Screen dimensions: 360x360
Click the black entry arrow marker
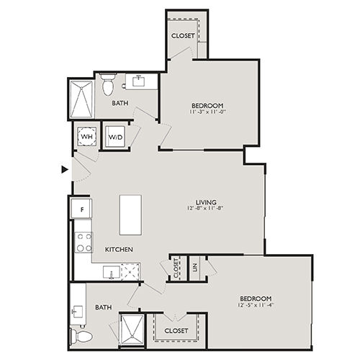point(65,170)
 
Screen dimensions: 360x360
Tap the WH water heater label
point(86,137)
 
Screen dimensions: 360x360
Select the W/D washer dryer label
point(115,138)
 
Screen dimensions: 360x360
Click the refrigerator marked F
point(81,209)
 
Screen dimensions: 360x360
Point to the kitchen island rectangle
point(130,215)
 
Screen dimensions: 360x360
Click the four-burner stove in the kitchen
point(84,243)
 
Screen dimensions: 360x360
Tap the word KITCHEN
point(119,250)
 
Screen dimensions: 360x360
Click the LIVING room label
point(206,202)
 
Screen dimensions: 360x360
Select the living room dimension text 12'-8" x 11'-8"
point(205,208)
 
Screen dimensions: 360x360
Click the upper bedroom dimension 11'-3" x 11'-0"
point(207,112)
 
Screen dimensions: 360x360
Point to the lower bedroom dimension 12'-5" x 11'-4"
point(256,305)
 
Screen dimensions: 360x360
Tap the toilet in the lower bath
point(81,336)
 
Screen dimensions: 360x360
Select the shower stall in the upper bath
point(81,99)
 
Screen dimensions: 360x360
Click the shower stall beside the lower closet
point(132,330)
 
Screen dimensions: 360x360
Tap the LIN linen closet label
point(195,267)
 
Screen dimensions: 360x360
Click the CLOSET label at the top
point(183,36)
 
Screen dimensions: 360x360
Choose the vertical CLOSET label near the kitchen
point(176,268)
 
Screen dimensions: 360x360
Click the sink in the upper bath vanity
point(138,81)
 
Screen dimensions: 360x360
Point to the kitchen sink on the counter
point(112,272)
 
